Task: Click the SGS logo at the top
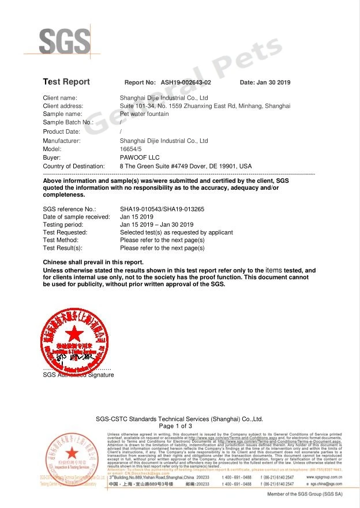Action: pos(65,41)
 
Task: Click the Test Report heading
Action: pos(66,82)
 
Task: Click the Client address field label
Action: pos(63,106)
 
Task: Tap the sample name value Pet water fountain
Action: pos(144,114)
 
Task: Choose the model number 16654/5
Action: pos(130,149)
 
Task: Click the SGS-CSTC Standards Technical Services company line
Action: pos(179,419)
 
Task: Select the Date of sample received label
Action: pos(77,217)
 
